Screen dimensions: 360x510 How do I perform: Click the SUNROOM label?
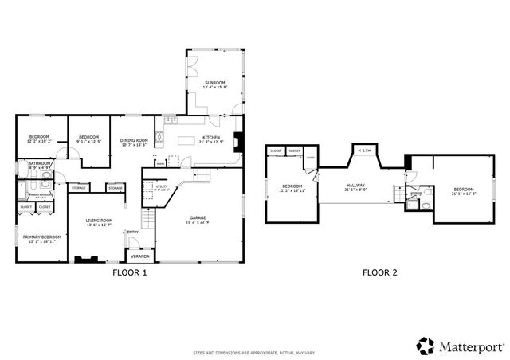coord(214,83)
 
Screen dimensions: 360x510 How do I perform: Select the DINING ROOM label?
coord(134,140)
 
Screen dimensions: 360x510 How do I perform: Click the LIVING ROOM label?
coord(100,221)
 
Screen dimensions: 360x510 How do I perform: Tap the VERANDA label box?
coord(140,257)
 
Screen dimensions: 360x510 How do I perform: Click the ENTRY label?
coord(132,233)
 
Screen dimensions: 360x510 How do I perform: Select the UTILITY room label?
coord(151,186)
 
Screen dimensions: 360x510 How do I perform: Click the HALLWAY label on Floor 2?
coord(355,186)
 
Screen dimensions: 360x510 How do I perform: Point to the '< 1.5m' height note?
coord(364,150)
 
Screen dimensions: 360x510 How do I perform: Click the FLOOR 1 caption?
coord(128,272)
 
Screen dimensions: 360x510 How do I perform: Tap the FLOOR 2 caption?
coord(380,272)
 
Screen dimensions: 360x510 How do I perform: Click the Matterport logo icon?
coord(424,345)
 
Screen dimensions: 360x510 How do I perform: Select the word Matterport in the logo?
coord(469,346)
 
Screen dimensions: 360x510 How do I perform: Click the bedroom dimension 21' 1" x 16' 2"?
coord(463,194)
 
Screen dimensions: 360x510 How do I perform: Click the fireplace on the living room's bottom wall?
coord(84,259)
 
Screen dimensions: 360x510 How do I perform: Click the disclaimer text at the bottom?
coord(255,353)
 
